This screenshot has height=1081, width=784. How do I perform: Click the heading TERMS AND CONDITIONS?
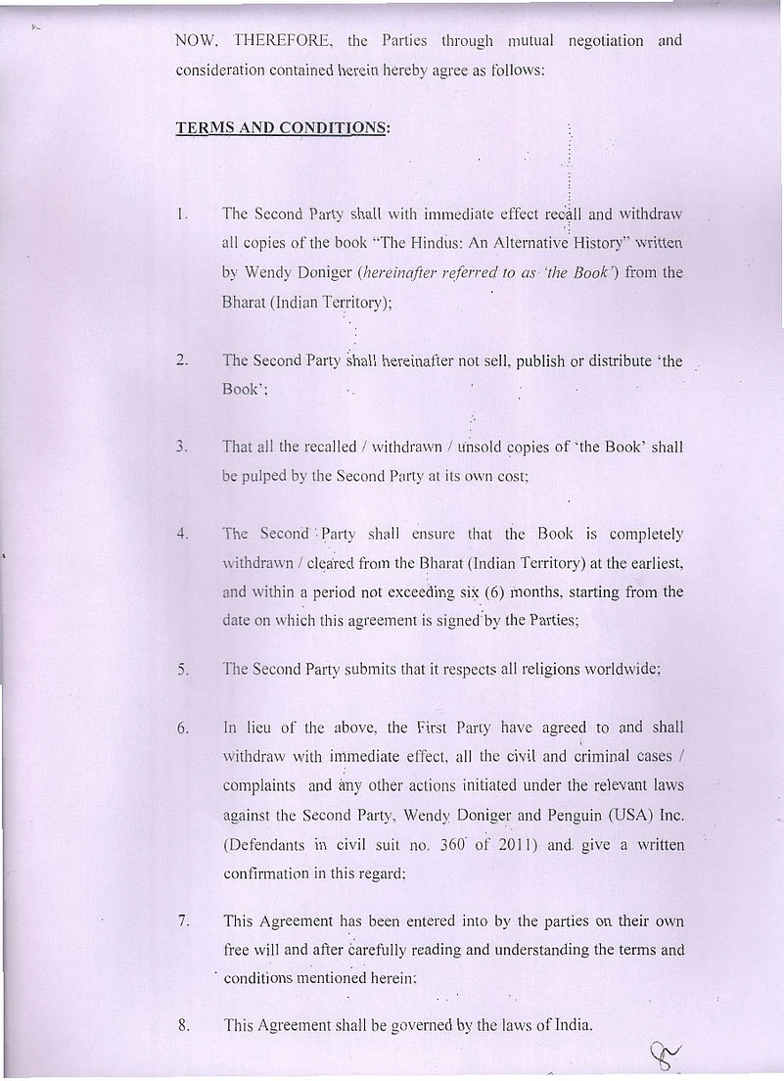pos(282,128)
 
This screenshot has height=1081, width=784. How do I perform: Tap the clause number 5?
pos(182,670)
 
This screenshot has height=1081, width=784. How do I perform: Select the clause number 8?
pos(183,1026)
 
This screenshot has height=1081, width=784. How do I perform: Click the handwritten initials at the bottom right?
pos(665,1054)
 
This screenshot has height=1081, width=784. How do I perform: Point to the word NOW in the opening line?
pos(197,41)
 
